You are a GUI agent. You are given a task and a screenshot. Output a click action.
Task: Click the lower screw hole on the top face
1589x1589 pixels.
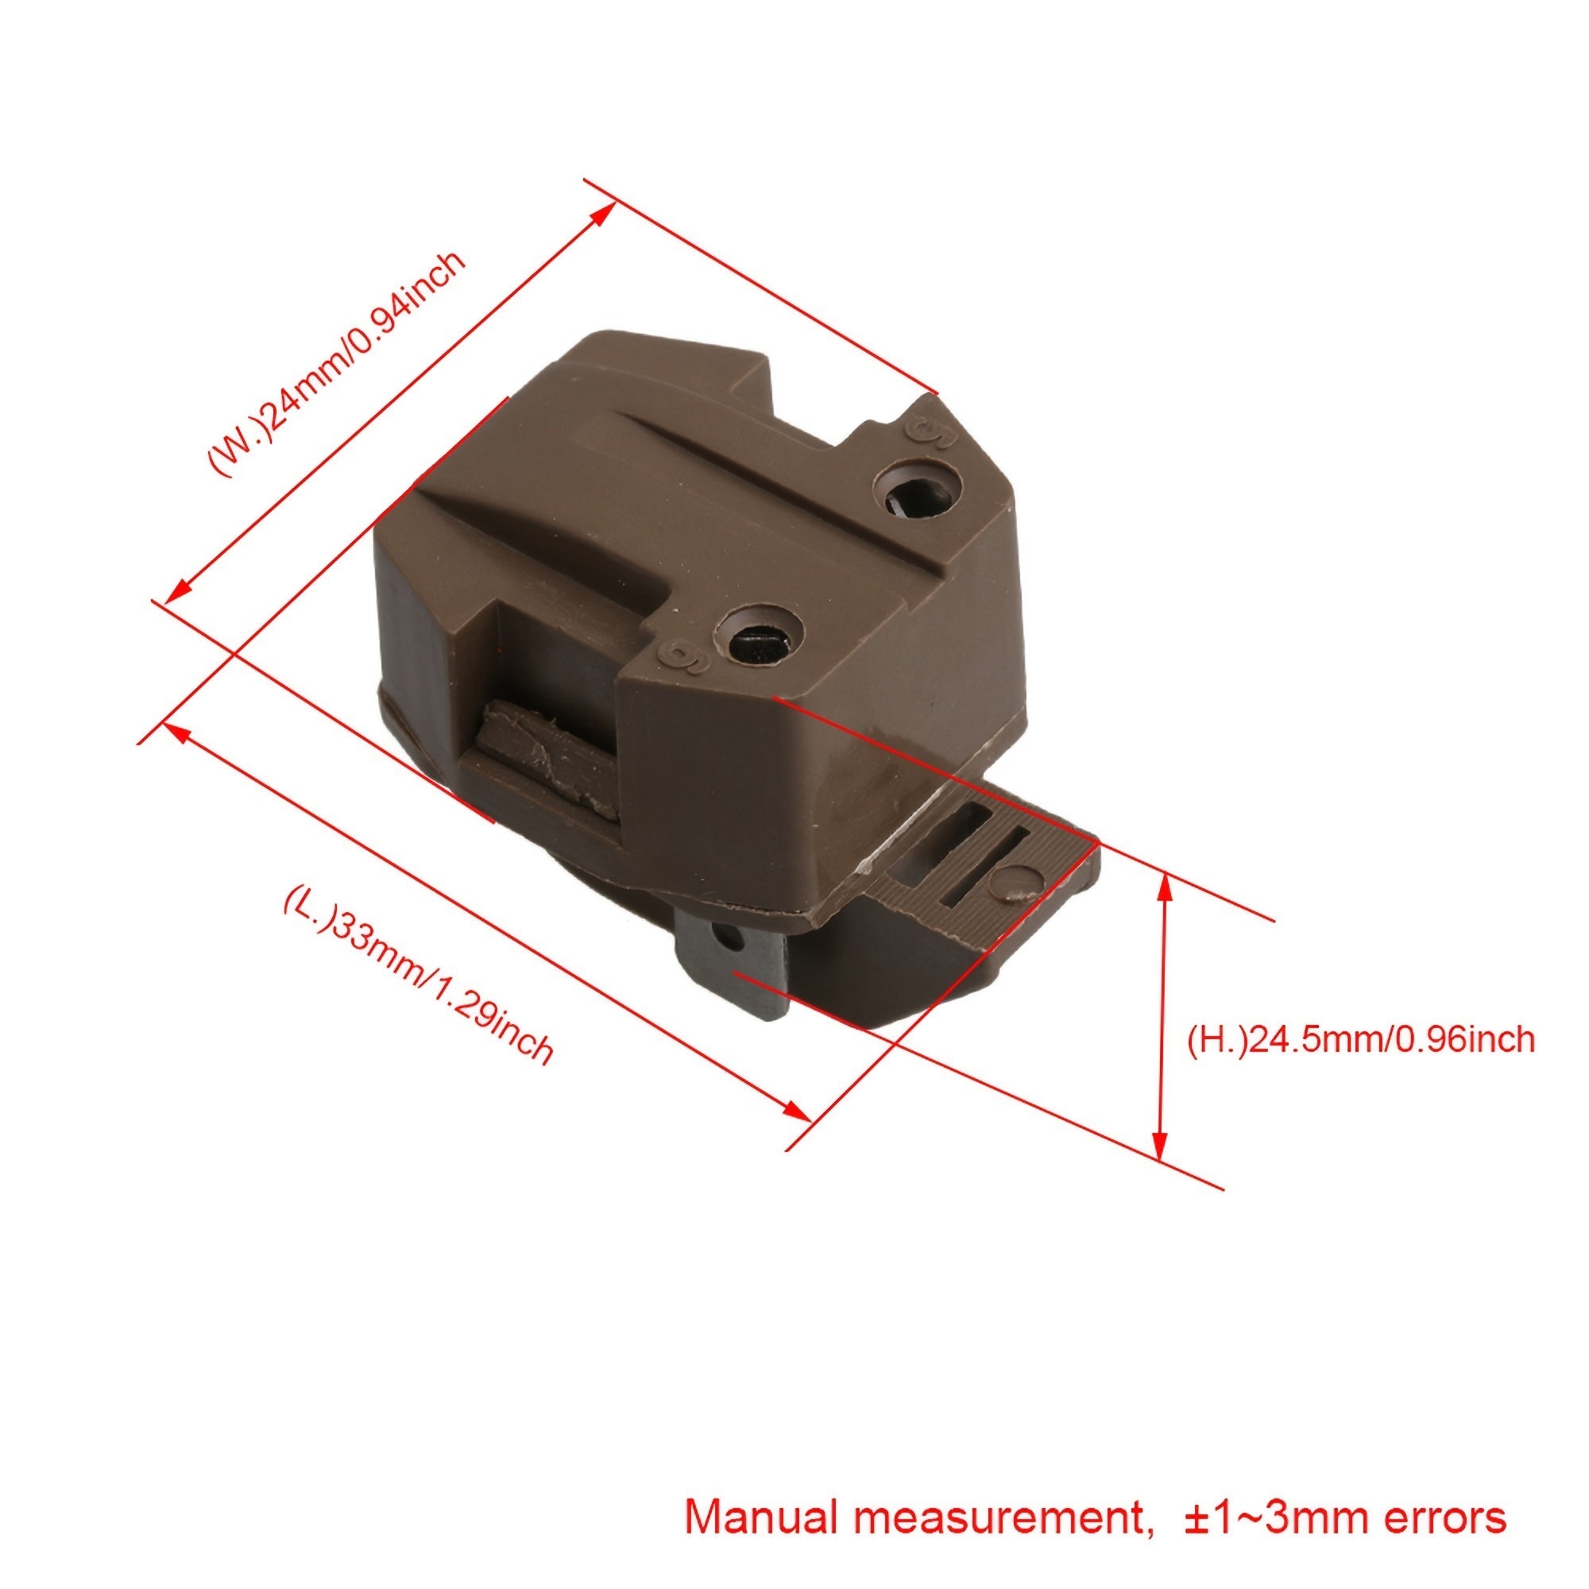click(x=757, y=633)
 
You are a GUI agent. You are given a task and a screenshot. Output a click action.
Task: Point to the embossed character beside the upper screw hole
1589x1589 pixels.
click(x=930, y=434)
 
